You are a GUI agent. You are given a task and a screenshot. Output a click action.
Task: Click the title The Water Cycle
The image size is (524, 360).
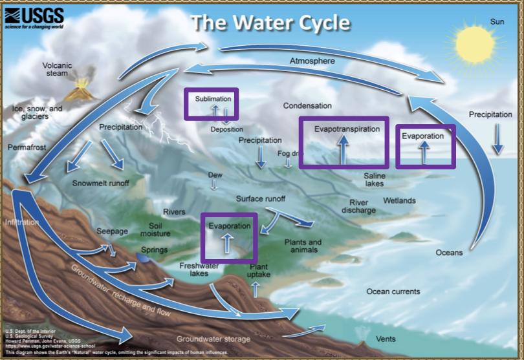pos(270,23)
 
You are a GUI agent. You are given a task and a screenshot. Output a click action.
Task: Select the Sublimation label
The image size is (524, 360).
pos(212,100)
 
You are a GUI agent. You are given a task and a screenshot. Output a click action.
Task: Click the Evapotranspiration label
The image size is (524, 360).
pos(347,129)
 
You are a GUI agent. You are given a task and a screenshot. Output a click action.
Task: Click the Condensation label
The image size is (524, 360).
pos(307,105)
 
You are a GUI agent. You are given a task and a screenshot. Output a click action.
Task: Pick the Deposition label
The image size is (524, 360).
pos(226,129)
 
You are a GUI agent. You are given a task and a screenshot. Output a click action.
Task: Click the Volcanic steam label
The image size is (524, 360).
pos(59,69)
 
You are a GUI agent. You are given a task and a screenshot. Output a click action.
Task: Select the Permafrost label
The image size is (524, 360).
pos(27,147)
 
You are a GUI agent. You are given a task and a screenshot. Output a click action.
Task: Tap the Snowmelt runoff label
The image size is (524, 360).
pos(100,183)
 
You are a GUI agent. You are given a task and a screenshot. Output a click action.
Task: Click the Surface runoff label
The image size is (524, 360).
pos(260,198)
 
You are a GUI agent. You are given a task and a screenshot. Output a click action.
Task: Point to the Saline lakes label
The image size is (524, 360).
pos(374,180)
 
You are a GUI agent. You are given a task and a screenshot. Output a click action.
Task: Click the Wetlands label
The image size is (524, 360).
pos(399,200)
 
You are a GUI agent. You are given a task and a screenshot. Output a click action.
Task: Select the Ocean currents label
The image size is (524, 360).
pos(393,291)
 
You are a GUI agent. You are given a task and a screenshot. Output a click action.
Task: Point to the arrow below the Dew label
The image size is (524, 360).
pos(213,185)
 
